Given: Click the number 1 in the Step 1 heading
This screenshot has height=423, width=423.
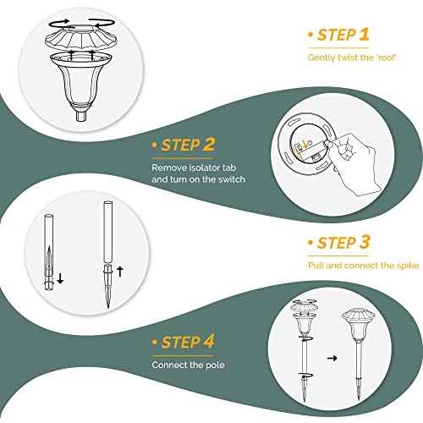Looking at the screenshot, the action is [x=365, y=35].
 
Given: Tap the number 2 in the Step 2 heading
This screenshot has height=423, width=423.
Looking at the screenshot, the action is [x=209, y=145].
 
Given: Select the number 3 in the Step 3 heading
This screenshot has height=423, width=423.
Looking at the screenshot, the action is [x=365, y=242].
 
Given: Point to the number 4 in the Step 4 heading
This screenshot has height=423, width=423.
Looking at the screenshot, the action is [x=209, y=342].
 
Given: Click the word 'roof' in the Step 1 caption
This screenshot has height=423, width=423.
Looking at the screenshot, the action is [x=386, y=58].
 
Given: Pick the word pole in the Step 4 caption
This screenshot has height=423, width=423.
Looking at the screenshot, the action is [x=215, y=365].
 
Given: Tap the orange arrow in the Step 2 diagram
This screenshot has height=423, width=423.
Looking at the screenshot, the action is [x=305, y=145].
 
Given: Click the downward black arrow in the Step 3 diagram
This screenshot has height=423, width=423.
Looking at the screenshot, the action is [x=60, y=278].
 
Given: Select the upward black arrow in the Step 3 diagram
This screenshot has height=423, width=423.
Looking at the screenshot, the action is [x=120, y=271].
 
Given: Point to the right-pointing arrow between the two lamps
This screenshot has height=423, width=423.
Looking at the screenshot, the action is [x=332, y=358].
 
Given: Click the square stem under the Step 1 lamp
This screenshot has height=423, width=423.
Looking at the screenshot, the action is [x=80, y=116].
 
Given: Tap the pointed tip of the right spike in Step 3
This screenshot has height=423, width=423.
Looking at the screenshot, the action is [x=108, y=307].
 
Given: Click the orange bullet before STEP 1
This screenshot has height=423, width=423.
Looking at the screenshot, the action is [x=310, y=35].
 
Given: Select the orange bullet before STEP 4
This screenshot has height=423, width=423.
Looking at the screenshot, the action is [x=154, y=343].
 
